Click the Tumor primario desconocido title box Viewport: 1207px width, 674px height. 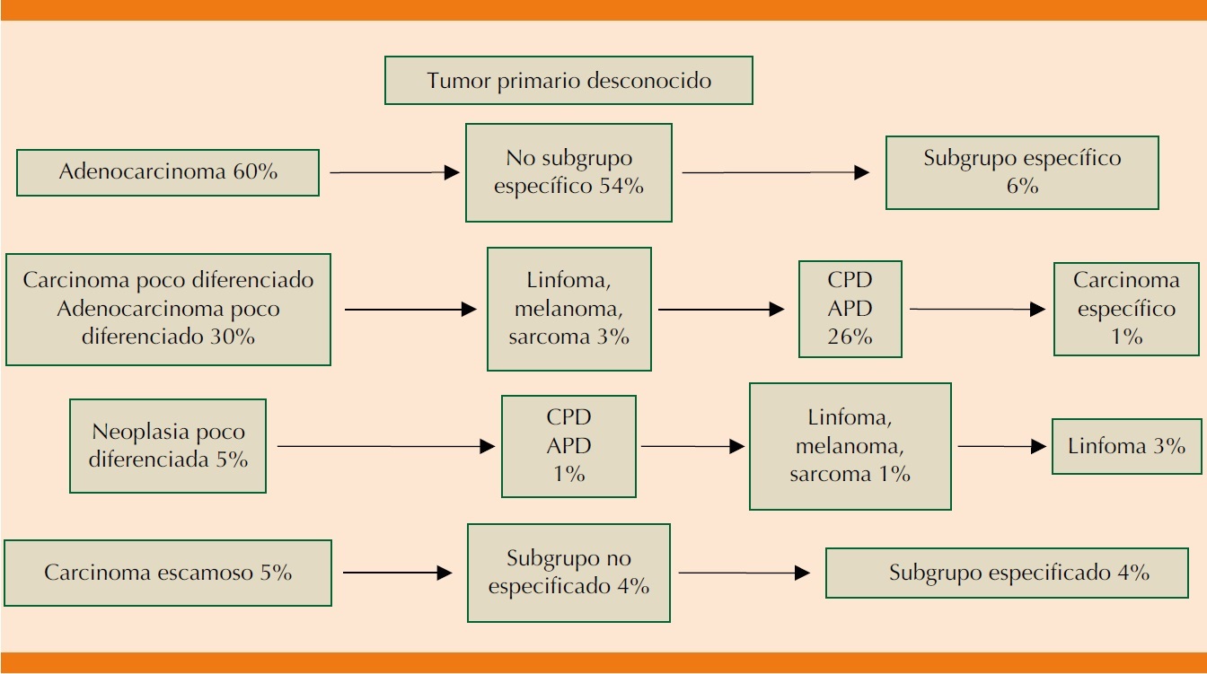[568, 81]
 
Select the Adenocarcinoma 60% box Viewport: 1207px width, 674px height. [168, 172]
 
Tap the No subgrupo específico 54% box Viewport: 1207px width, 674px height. [568, 172]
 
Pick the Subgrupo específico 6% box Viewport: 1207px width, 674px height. [1022, 172]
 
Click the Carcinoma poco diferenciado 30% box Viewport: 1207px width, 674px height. [168, 309]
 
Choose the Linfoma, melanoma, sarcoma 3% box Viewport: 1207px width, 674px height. [569, 309]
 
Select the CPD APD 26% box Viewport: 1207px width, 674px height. [850, 309]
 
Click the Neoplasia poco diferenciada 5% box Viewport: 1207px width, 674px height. [168, 445]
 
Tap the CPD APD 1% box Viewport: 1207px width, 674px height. [568, 446]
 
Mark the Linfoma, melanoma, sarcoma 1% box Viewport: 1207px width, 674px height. [850, 446]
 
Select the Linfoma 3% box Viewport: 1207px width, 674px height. [1126, 446]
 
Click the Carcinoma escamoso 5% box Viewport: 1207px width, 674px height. [168, 573]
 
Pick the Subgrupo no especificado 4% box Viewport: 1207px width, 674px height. [568, 573]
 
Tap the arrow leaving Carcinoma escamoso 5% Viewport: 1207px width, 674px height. [396, 573]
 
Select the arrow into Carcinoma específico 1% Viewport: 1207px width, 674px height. [977, 309]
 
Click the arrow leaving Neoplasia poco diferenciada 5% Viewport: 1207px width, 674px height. [385, 445]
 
